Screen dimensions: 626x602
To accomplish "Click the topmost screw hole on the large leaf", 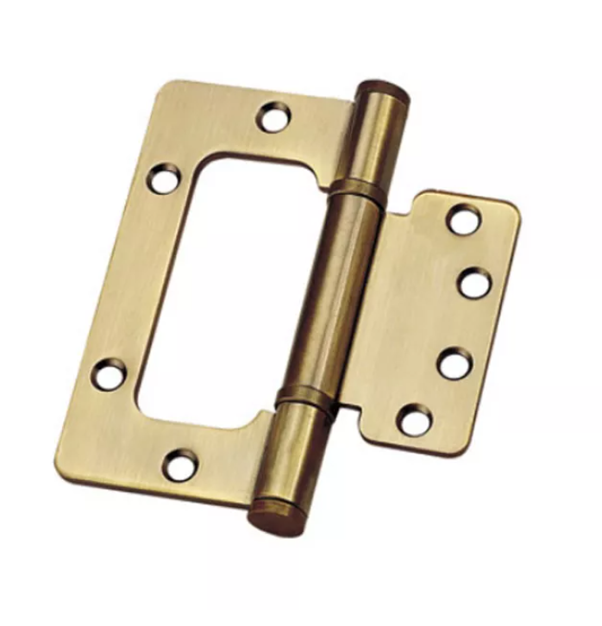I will [275, 116].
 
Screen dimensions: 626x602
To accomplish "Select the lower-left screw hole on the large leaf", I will [110, 374].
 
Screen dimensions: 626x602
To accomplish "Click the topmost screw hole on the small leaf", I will [464, 219].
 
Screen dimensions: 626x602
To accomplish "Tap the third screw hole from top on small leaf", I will [455, 363].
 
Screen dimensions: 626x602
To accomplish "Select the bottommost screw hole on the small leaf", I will [415, 420].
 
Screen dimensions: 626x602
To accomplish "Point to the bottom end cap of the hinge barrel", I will [275, 515].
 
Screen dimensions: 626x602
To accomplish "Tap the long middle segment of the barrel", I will [332, 293].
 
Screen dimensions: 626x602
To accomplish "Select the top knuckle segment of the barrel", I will [373, 138].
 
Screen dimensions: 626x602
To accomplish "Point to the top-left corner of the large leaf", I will [169, 87].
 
